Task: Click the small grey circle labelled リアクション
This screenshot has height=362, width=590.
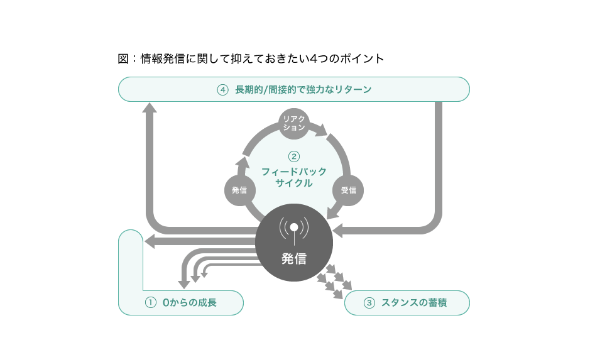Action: coord(294,123)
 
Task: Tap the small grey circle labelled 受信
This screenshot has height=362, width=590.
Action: coord(348,190)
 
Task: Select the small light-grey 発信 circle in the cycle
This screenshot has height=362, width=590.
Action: coord(239,190)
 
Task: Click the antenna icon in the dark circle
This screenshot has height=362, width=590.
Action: coord(294,230)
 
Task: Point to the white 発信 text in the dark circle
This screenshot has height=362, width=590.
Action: coord(294,259)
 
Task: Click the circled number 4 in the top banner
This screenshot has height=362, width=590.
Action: coord(223,90)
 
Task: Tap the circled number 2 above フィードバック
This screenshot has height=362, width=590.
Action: coord(294,156)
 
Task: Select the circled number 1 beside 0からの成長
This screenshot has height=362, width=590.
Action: coord(151,302)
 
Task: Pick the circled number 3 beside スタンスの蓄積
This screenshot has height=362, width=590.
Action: coord(369,302)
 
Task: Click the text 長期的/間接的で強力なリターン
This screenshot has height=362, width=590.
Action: coord(303,90)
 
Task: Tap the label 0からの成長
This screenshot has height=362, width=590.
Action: coord(189,302)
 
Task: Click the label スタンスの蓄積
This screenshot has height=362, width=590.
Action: coord(414,302)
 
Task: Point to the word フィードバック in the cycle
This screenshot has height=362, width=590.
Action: coord(294,172)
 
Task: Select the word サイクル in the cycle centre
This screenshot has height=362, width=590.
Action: coord(294,184)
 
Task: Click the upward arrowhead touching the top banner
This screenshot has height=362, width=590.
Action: coord(150,107)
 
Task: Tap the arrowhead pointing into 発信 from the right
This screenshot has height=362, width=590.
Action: coord(337,230)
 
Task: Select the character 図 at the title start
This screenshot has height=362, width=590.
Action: coord(123,58)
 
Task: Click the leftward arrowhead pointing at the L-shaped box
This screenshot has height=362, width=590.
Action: coord(150,241)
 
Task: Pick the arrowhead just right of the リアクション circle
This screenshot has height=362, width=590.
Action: coord(321,130)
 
